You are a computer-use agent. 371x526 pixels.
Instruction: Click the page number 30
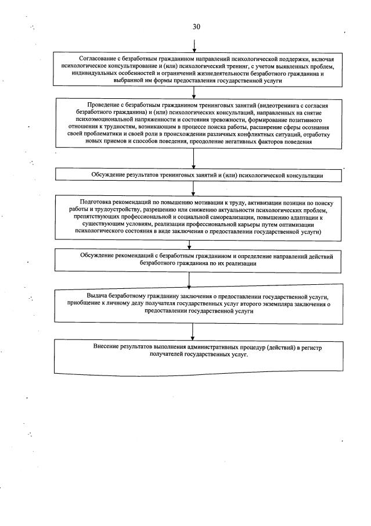pos(196,27)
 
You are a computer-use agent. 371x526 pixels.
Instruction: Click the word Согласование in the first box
pos(99,59)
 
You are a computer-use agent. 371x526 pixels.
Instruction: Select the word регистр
pos(310,346)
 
